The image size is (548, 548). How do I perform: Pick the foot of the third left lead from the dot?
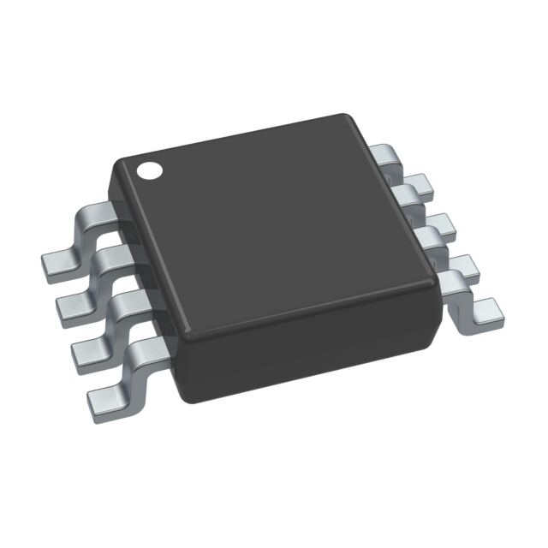coord(88,349)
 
